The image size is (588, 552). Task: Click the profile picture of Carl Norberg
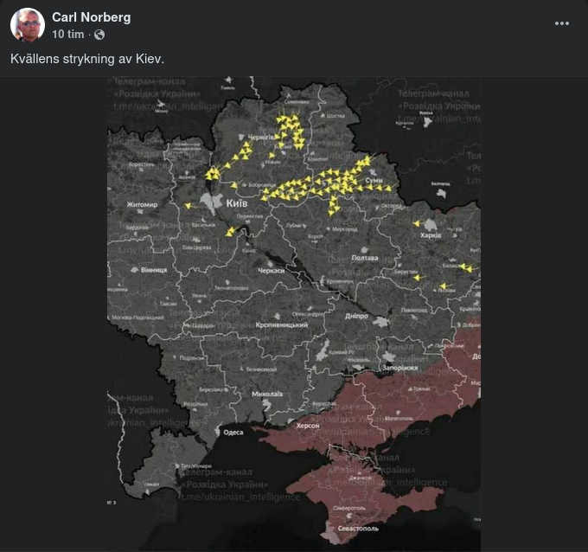pyautogui.click(x=28, y=25)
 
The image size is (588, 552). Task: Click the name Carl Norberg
pyautogui.click(x=91, y=17)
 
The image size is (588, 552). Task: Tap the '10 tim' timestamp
pyautogui.click(x=68, y=35)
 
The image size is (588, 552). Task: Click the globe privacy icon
pyautogui.click(x=99, y=35)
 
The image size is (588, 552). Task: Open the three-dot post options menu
pyautogui.click(x=562, y=24)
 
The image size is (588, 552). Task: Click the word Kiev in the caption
pyautogui.click(x=149, y=59)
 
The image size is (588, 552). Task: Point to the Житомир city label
pyautogui.click(x=142, y=205)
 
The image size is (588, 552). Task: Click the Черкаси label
pyautogui.click(x=259, y=270)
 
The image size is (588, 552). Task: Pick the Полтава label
pyautogui.click(x=365, y=258)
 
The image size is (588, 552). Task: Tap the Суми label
pyautogui.click(x=374, y=180)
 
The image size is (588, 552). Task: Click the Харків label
pyautogui.click(x=430, y=234)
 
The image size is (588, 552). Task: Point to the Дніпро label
pyautogui.click(x=356, y=316)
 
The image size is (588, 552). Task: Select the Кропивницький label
pyautogui.click(x=282, y=324)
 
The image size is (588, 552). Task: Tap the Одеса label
pyautogui.click(x=233, y=432)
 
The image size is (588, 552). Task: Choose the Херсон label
pyautogui.click(x=308, y=426)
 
